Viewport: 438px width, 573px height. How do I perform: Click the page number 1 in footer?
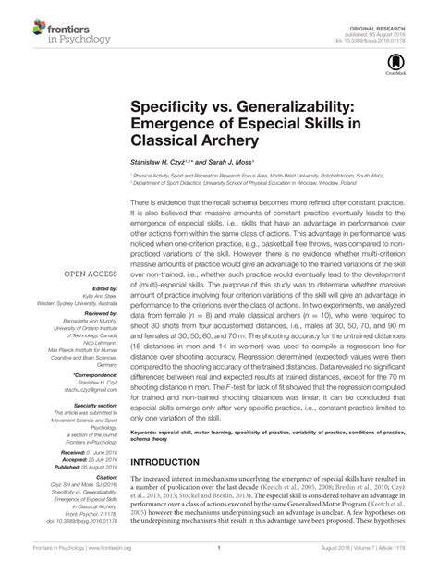tap(218, 560)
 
